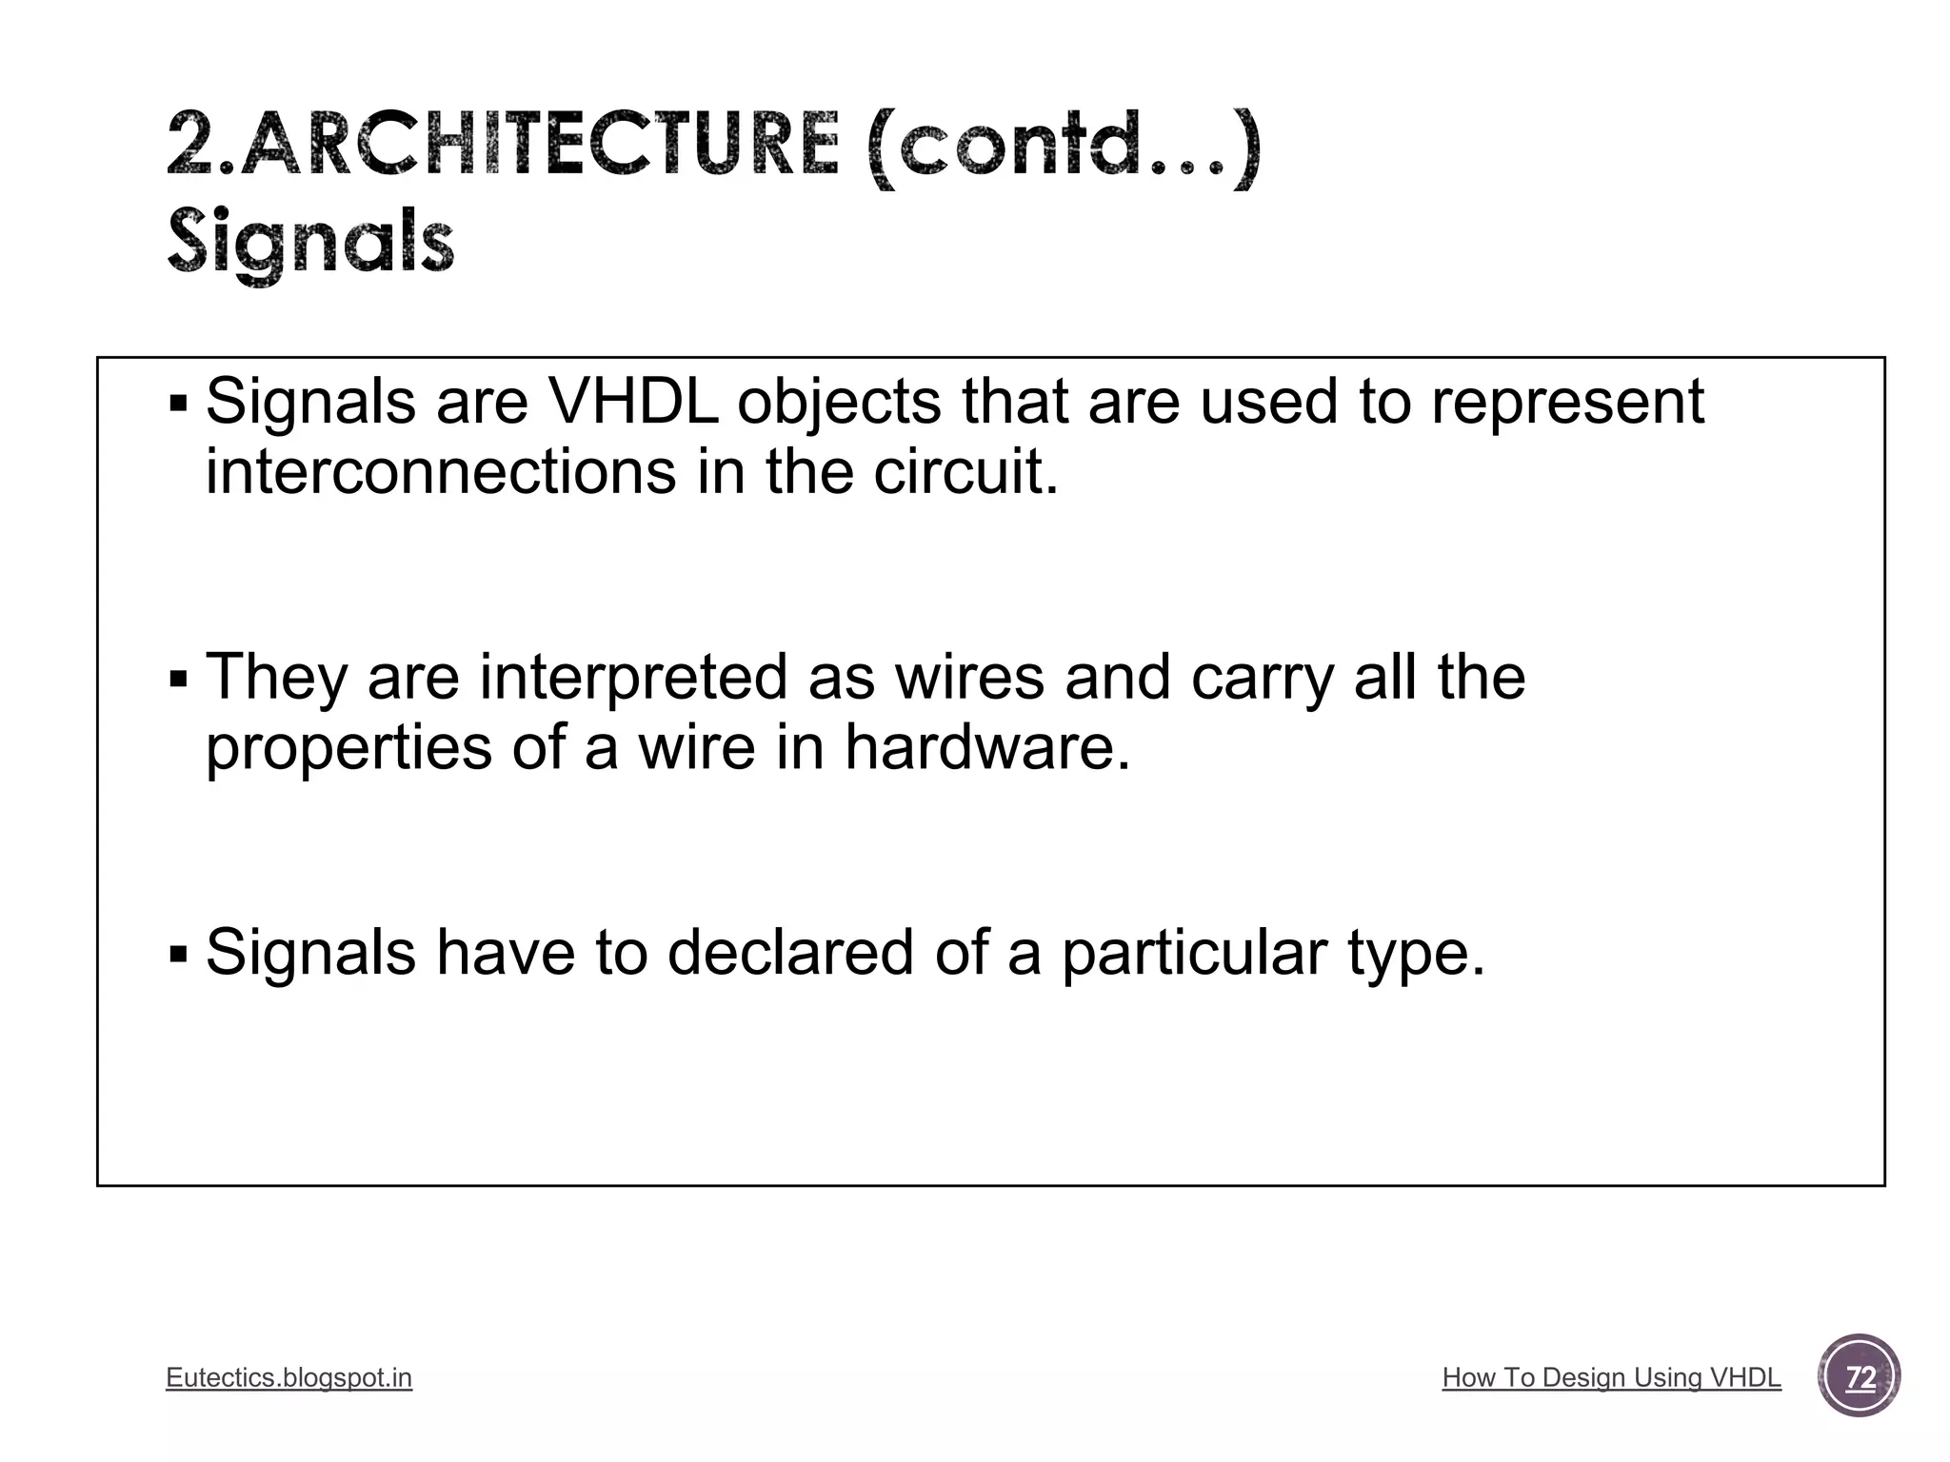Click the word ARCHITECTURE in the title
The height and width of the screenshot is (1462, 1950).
(540, 145)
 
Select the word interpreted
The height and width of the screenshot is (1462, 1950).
(633, 679)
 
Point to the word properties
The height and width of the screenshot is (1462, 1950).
(348, 748)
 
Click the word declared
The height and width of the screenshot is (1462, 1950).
(790, 953)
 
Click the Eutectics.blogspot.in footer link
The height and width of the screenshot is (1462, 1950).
(289, 1377)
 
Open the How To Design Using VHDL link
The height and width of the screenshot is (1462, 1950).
(1611, 1377)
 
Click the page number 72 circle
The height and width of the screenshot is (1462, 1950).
(1859, 1376)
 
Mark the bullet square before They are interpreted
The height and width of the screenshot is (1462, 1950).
(178, 681)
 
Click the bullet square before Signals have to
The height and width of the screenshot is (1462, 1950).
(178, 954)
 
